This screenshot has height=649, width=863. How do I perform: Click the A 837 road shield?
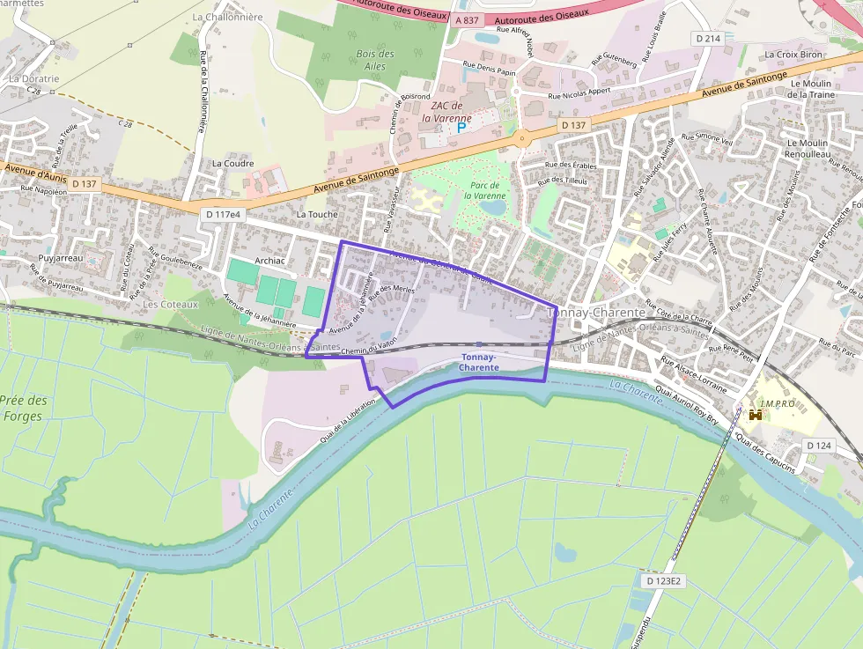tap(468, 19)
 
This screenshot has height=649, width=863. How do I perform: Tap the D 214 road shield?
tap(707, 39)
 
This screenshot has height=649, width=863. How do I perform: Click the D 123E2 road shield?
tap(663, 581)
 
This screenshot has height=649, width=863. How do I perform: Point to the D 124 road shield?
tap(819, 446)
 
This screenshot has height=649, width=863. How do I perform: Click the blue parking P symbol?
tap(461, 129)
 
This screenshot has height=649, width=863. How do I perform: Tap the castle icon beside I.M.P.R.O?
tap(755, 414)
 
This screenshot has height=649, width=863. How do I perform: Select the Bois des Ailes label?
tap(375, 60)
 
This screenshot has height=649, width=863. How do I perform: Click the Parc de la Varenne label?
tap(484, 191)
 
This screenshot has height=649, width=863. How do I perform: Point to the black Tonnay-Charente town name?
tap(596, 313)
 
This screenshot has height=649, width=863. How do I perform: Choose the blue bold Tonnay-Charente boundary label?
tap(480, 362)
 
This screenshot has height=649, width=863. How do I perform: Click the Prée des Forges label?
tap(23, 408)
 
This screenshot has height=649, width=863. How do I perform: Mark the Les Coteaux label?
tap(170, 305)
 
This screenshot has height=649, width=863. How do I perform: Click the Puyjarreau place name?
tap(60, 258)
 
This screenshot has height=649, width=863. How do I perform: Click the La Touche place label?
tap(317, 214)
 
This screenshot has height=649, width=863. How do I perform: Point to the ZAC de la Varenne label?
tap(446, 112)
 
